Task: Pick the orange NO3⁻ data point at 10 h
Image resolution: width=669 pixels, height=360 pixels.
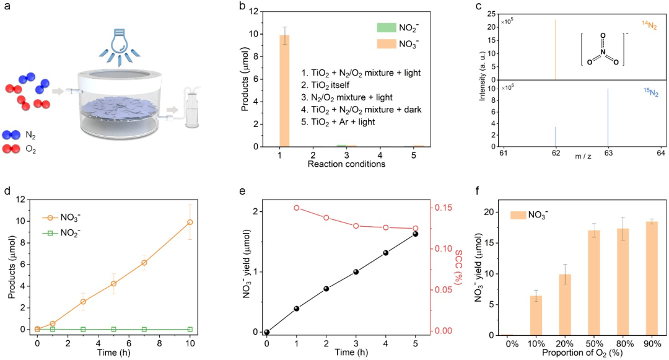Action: tap(190, 222)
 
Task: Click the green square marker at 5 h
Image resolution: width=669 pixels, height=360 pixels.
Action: tap(113, 329)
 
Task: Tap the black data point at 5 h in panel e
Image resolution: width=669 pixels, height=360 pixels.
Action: tap(415, 234)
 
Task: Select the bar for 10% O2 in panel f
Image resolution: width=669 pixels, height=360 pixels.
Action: tap(538, 315)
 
